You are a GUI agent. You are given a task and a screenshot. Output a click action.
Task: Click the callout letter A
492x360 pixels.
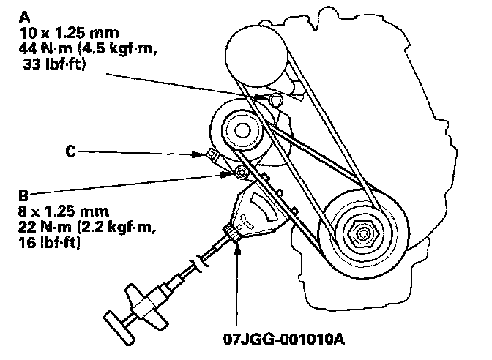click(x=26, y=15)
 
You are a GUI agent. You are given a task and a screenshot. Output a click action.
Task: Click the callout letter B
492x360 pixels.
click(x=23, y=196)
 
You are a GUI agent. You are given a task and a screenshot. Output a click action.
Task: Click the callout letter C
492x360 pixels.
click(x=71, y=152)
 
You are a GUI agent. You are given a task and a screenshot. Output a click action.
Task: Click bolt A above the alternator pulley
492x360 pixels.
click(x=276, y=99)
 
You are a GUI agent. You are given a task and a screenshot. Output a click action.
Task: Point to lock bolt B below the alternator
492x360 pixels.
click(x=240, y=173)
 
